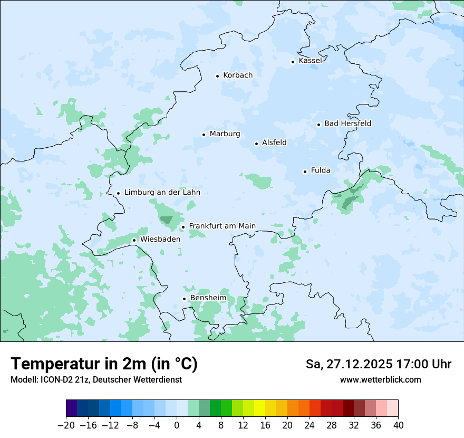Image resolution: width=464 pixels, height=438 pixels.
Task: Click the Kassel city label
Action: coord(310,61)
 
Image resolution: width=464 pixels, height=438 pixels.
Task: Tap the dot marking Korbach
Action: coord(217,76)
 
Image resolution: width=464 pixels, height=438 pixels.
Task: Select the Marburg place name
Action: coord(225,134)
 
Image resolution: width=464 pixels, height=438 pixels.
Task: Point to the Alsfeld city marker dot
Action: coord(256,144)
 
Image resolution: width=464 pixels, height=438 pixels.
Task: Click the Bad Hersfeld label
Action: coord(347,123)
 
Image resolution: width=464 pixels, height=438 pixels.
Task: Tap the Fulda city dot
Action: coord(305,172)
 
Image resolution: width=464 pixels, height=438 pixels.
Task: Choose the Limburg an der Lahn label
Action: coord(162,193)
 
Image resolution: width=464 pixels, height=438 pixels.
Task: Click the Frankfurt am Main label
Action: coord(222,226)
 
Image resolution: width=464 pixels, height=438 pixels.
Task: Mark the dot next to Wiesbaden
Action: coord(134,240)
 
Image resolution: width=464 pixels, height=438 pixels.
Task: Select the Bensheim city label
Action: coord(208,298)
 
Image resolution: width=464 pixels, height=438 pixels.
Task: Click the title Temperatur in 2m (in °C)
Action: coord(104,364)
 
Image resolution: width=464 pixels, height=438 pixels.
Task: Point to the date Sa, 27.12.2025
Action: coord(349,364)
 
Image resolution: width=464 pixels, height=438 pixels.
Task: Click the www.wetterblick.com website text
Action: coord(380,380)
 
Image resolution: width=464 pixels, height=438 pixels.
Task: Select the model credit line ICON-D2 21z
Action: coord(96,380)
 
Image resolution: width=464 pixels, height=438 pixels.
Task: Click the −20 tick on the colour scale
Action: coord(66,425)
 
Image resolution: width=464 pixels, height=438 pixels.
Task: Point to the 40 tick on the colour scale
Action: coord(398,425)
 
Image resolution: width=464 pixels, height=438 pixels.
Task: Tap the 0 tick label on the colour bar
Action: coord(177,425)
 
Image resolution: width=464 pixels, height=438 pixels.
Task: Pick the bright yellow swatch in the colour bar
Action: coord(259,408)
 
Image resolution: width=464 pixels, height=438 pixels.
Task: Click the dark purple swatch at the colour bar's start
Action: coord(72,408)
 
